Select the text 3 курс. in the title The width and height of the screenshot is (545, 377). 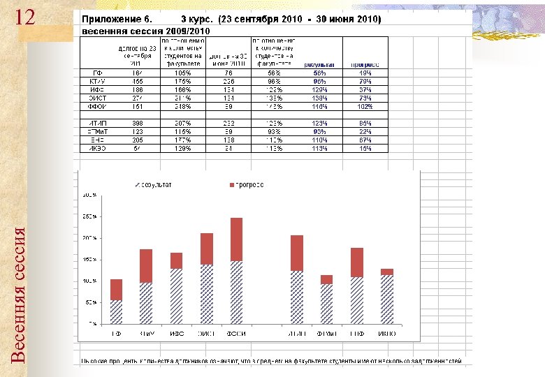point(198,19)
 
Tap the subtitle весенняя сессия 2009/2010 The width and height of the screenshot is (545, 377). point(146,31)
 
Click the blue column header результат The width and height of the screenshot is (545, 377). point(319,64)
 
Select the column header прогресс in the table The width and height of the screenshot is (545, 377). point(365,64)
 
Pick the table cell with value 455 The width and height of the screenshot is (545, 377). point(137,81)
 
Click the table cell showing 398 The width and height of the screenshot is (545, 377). point(137,123)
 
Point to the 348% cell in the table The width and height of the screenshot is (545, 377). point(183,106)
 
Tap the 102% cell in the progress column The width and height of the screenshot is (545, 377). point(365,106)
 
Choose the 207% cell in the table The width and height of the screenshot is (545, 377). point(183,123)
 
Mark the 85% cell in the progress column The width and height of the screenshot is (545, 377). point(365,123)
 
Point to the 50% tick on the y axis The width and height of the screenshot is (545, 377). point(91,303)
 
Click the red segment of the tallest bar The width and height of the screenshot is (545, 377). point(236,239)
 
